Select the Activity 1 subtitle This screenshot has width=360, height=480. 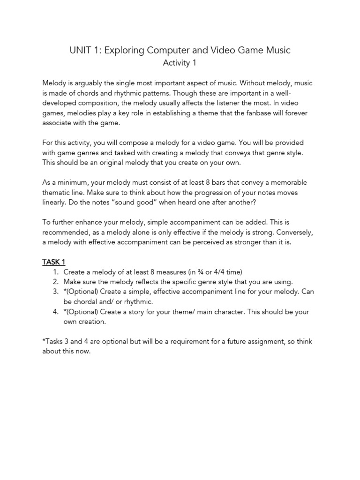point(180,62)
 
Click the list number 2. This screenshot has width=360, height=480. point(55,282)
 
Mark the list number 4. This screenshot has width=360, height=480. point(55,312)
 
